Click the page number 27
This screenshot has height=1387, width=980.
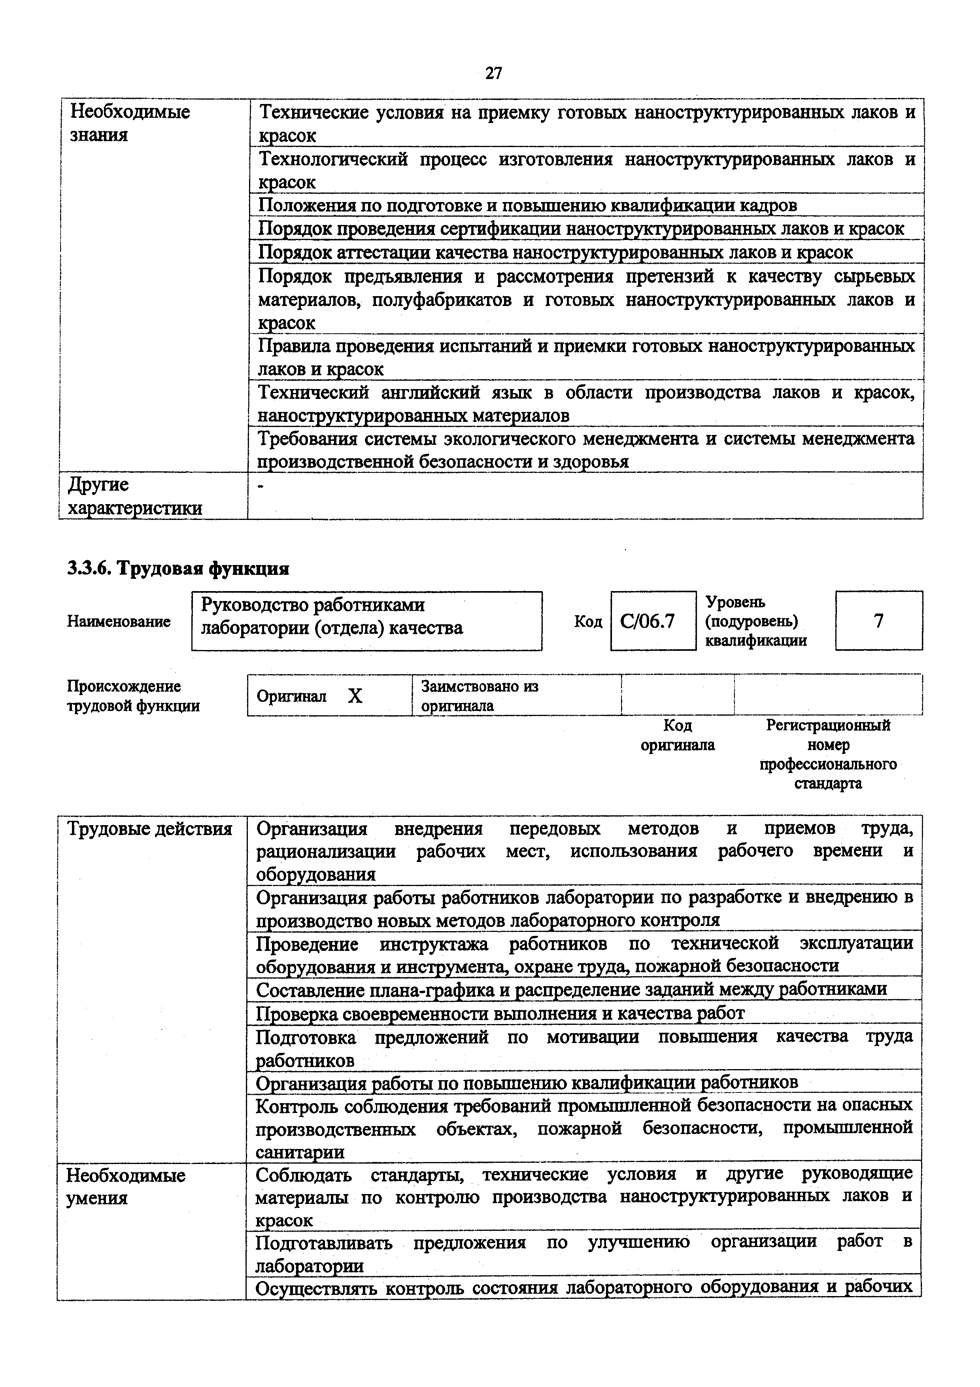[493, 74]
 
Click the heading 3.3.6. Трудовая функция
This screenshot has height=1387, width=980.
[178, 569]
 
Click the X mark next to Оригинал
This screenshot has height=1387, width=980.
[355, 697]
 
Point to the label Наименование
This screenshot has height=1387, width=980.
[119, 622]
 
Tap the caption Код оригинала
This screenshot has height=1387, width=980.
[678, 735]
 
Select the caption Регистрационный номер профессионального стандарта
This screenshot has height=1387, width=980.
[828, 754]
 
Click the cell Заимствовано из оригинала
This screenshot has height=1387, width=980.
[480, 696]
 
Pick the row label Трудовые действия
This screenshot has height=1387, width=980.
[150, 829]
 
